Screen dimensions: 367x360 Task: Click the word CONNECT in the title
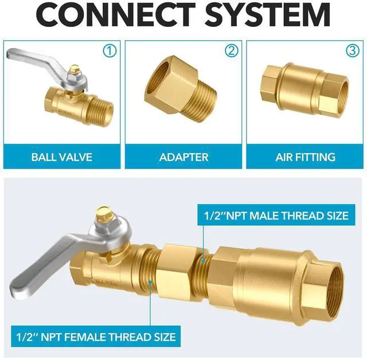pyautogui.click(x=116, y=14)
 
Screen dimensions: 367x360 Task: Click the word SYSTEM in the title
pyautogui.click(x=268, y=14)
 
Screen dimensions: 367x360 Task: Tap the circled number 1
pyautogui.click(x=110, y=51)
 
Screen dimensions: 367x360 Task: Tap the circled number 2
pyautogui.click(x=231, y=51)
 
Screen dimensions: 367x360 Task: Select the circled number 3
pyautogui.click(x=353, y=51)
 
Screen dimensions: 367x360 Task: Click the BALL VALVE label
pyautogui.click(x=62, y=157)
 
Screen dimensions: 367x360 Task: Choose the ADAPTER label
pyautogui.click(x=183, y=157)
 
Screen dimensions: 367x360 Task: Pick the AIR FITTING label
pyautogui.click(x=306, y=157)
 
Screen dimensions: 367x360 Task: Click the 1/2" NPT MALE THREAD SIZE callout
pyautogui.click(x=276, y=215)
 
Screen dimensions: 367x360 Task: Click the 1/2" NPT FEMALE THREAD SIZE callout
pyautogui.click(x=96, y=336)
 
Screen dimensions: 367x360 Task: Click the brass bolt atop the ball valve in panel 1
pyautogui.click(x=75, y=69)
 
